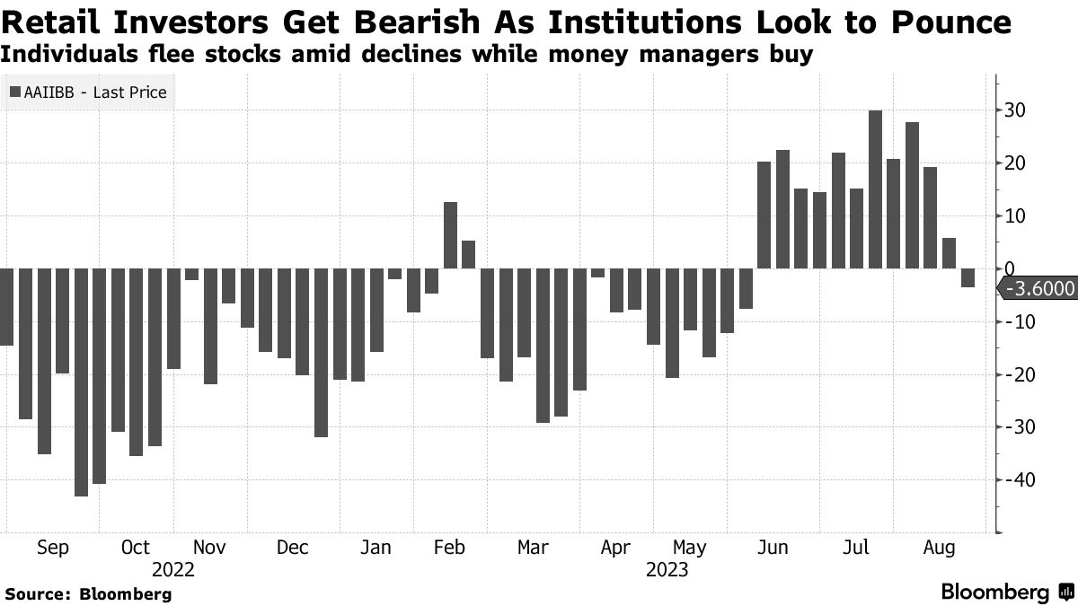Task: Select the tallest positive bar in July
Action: [875, 189]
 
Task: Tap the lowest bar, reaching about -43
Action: [81, 382]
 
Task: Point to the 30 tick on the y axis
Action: [1014, 110]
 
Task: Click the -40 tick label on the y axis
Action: [1018, 480]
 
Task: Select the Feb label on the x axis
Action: [449, 548]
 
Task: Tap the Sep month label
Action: [53, 548]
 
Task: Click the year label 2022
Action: [173, 570]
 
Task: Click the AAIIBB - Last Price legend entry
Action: [88, 92]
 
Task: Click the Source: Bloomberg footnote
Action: [88, 593]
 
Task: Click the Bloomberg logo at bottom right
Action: [1006, 592]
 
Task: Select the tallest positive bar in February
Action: [450, 235]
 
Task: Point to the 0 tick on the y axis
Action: [1010, 268]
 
